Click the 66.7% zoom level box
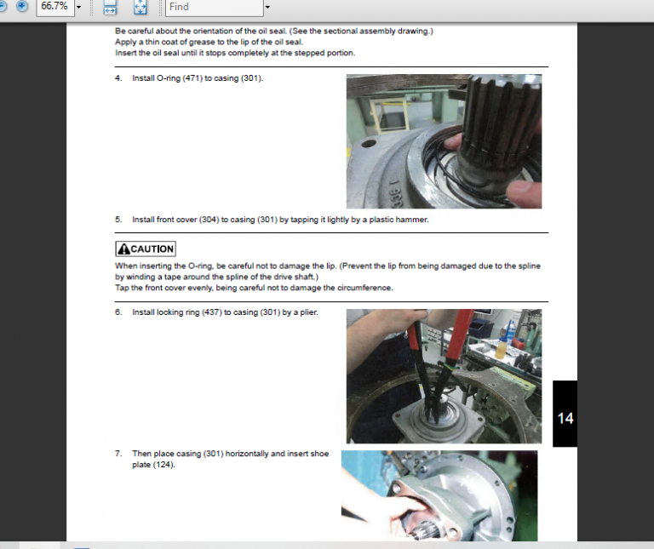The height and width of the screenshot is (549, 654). point(55,7)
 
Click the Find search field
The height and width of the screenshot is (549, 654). point(215,7)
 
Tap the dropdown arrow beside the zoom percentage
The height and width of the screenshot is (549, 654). point(79,7)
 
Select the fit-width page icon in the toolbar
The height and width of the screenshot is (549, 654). point(110,7)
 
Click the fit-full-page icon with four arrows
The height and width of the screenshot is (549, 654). point(141,7)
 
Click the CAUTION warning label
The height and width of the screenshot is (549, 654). point(146,249)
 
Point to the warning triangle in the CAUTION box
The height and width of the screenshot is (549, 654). point(123,249)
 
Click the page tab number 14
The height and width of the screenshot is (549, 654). point(565,418)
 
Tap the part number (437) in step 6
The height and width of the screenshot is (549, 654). point(212,312)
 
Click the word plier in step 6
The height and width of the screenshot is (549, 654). point(308,312)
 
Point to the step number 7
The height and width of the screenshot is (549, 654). point(118,454)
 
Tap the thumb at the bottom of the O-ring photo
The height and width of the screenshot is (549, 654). point(525,194)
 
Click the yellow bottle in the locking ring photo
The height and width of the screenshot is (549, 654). point(500,349)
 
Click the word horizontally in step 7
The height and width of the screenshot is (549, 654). point(247,454)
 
